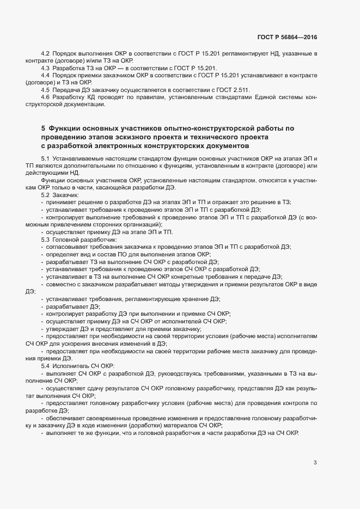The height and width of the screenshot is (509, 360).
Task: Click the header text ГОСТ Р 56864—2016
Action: pos(286,38)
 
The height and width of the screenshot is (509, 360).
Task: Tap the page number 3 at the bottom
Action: pos(315,463)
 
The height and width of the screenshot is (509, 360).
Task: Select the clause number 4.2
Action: pos(45,53)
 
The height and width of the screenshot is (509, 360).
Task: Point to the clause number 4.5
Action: pos(45,89)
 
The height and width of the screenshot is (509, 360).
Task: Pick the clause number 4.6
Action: pos(45,96)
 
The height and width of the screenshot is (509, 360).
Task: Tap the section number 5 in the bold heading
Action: pos(43,128)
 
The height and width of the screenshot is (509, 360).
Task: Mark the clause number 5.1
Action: pos(45,158)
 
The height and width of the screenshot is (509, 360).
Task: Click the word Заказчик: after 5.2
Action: pos(67,194)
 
